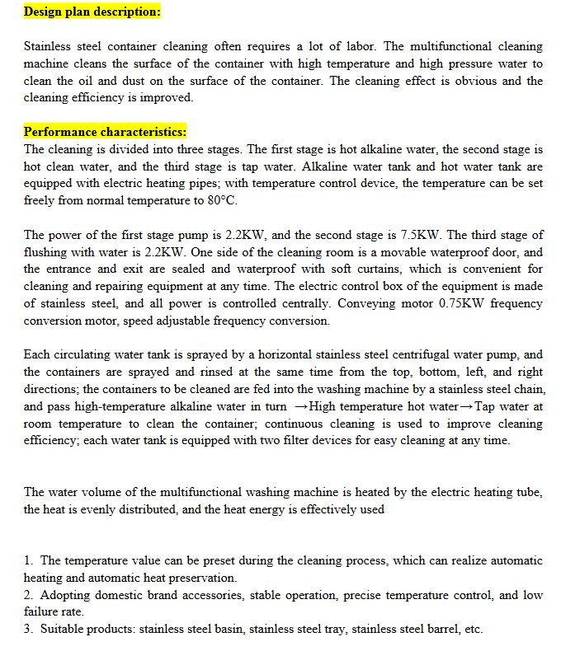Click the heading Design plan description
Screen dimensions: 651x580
(x=92, y=12)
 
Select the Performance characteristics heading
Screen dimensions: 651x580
(x=105, y=132)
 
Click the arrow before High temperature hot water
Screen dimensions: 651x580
(x=300, y=407)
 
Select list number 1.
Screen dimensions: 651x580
(x=29, y=560)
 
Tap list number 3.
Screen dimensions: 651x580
(x=29, y=630)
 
